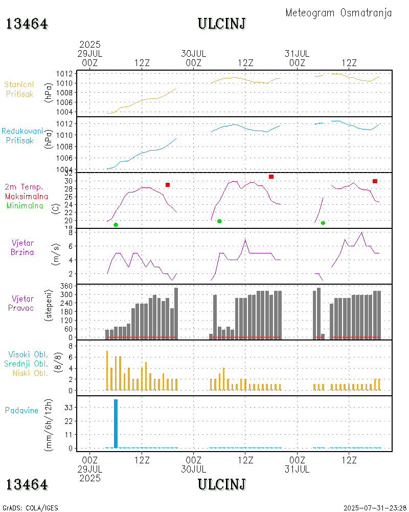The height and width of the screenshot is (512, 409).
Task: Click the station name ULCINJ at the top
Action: [221, 24]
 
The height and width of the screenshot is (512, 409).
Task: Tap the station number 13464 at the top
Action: [27, 24]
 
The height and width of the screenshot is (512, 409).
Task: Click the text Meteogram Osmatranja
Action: [338, 13]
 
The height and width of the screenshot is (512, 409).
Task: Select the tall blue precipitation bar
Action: [116, 423]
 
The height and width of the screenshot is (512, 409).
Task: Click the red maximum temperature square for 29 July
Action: [168, 185]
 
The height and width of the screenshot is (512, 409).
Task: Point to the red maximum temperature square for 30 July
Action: [271, 177]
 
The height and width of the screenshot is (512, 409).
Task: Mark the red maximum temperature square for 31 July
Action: [375, 181]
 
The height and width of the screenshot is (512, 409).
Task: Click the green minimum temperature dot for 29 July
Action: [116, 225]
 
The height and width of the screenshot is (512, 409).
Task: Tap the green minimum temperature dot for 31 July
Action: [323, 223]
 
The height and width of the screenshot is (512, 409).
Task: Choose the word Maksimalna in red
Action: [27, 196]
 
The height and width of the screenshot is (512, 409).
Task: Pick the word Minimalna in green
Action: [25, 205]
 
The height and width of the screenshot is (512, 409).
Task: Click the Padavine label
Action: [21, 410]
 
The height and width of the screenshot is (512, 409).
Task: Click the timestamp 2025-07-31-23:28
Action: [375, 508]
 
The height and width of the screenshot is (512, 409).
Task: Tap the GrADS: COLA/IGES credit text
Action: [30, 508]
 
